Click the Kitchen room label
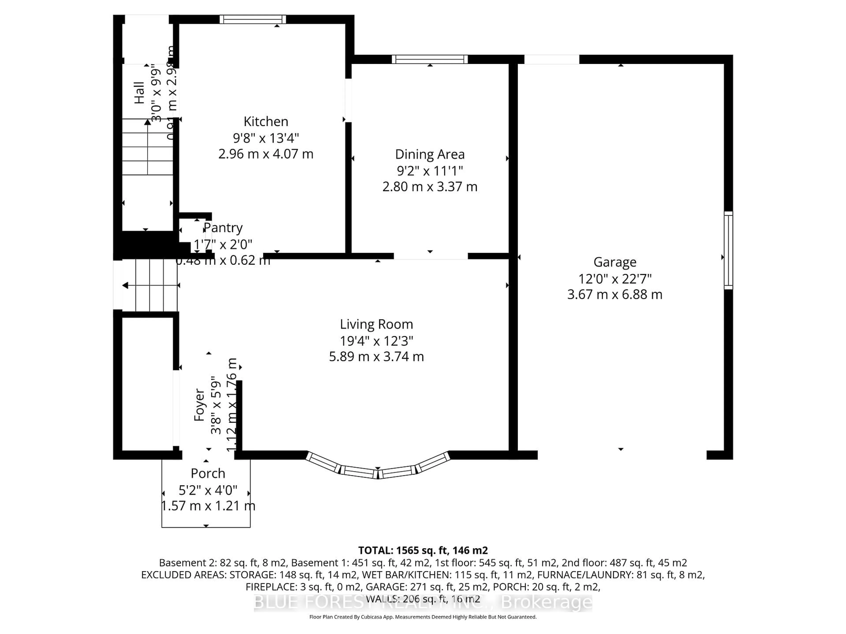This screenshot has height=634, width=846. point(266,122)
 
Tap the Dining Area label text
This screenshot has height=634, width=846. point(430,154)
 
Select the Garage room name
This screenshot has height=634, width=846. point(615,262)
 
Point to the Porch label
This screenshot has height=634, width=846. point(208,474)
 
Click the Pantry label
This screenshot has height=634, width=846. point(223,228)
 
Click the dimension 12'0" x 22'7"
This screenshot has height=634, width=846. point(615,279)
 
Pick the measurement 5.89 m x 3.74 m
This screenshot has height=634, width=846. point(376,357)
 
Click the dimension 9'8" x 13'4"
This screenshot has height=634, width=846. point(266,138)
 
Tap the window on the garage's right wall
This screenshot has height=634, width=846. point(728,250)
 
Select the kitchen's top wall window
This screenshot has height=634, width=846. point(253,19)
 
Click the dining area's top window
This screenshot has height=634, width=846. point(430,59)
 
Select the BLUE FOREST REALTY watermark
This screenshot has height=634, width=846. point(423,603)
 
